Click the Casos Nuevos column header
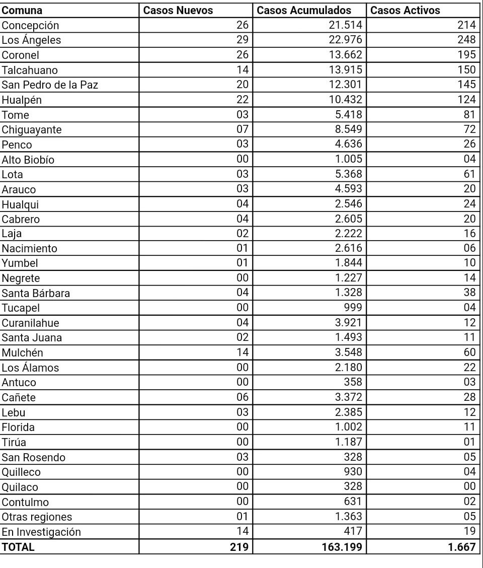click(x=178, y=10)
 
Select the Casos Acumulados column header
click(x=304, y=10)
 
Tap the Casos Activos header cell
click(x=405, y=10)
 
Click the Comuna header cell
click(x=22, y=10)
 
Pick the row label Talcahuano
click(x=30, y=70)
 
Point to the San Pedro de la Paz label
click(x=50, y=85)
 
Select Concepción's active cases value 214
click(x=466, y=25)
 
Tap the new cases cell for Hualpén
click(x=243, y=100)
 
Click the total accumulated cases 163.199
click(x=342, y=547)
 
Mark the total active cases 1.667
click(x=462, y=547)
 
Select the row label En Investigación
click(x=41, y=532)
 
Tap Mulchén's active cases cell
click(x=469, y=352)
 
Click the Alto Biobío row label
click(x=28, y=160)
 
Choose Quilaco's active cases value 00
click(x=469, y=486)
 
